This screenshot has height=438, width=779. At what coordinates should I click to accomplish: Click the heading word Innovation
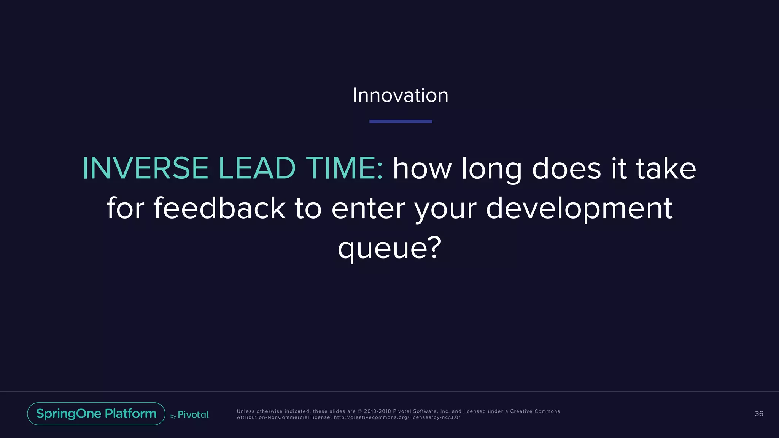coord(400,95)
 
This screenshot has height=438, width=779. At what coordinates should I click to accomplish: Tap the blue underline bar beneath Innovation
coord(401,121)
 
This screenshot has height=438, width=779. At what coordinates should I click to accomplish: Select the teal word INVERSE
coord(145,168)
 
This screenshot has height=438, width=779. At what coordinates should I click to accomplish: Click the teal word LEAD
coord(257,168)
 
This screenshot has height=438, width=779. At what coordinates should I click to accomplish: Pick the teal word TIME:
coord(345,168)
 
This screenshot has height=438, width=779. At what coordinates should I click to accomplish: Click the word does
coord(566,168)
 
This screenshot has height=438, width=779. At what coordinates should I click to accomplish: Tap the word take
coord(666,168)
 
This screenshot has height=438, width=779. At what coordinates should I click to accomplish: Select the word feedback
coord(219,208)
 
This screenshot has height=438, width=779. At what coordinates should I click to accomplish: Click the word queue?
coord(389,248)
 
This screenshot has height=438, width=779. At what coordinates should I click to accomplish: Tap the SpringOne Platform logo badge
coord(96,414)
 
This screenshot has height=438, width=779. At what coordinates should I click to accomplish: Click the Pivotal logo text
coord(193,415)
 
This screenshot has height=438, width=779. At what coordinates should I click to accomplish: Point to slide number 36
coord(758,414)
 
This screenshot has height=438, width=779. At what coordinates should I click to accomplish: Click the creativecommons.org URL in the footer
coord(397,417)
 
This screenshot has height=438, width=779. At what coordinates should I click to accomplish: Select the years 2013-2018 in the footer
coord(377,411)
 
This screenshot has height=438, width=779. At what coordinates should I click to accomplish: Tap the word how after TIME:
coord(422,168)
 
